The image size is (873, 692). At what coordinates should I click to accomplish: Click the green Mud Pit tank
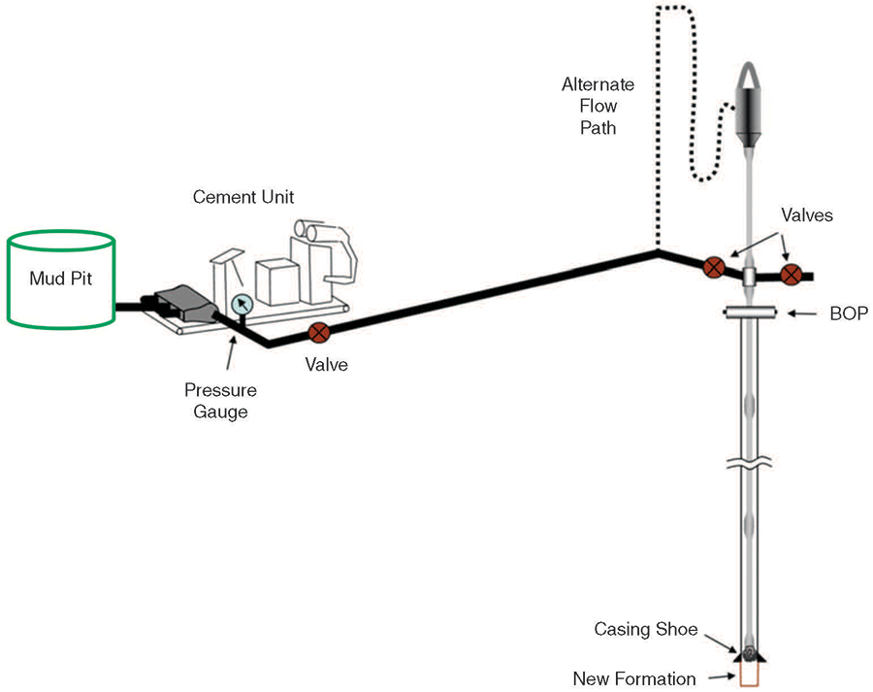62,278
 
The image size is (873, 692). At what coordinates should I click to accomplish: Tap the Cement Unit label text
243,197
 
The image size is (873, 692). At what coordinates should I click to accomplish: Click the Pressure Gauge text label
221,401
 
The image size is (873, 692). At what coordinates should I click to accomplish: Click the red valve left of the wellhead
714,267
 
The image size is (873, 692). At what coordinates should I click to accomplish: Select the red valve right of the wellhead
792,274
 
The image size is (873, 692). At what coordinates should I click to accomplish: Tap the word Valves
806,215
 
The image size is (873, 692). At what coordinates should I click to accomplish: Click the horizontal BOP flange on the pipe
750,313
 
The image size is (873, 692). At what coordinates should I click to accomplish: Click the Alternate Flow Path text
598,106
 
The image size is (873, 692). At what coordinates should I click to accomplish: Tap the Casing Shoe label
646,630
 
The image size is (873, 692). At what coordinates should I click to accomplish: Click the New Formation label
633,678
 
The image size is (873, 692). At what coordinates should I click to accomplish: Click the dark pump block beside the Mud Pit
178,305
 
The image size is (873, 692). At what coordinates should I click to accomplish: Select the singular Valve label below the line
325,366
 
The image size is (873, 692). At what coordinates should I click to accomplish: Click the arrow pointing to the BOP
802,313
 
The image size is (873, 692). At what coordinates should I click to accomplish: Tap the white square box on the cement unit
276,281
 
